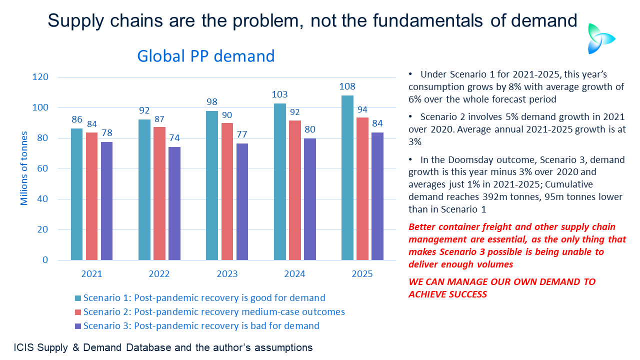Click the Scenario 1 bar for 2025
click(347, 177)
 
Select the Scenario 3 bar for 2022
click(174, 203)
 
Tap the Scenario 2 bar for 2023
click(227, 191)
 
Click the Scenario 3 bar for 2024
click(310, 199)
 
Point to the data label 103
click(280, 94)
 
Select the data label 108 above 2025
click(347, 86)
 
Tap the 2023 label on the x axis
click(227, 274)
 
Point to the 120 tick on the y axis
click(41, 77)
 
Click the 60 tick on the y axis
click(43, 169)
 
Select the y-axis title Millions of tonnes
click(24, 168)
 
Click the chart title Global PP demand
click(206, 55)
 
